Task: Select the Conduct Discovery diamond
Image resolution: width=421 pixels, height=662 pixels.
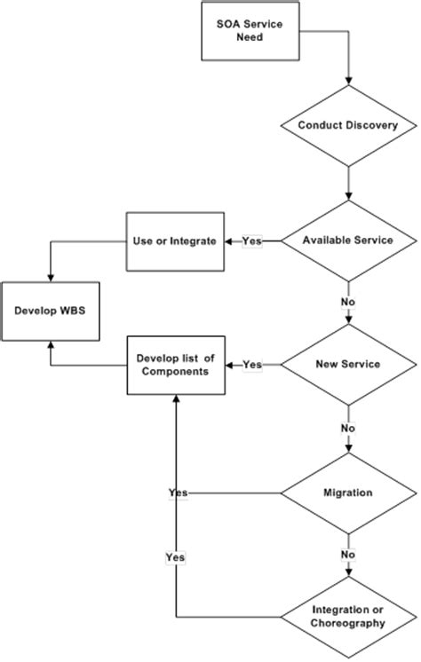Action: (349, 125)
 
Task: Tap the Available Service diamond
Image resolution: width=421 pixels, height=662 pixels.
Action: (349, 240)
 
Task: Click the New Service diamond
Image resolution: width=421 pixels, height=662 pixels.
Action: (349, 365)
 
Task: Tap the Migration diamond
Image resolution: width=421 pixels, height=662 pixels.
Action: (349, 492)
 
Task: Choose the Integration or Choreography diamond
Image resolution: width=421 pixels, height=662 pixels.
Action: (349, 617)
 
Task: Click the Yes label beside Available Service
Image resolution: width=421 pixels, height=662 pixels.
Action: (252, 241)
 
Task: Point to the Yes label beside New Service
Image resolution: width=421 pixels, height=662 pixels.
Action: (252, 365)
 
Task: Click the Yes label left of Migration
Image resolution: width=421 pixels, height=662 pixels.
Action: (176, 492)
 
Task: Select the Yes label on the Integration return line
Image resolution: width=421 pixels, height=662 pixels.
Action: (175, 556)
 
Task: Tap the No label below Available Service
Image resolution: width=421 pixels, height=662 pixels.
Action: (349, 303)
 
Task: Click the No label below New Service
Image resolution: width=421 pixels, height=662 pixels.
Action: (349, 429)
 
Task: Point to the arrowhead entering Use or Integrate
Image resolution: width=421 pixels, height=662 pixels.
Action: (223, 241)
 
